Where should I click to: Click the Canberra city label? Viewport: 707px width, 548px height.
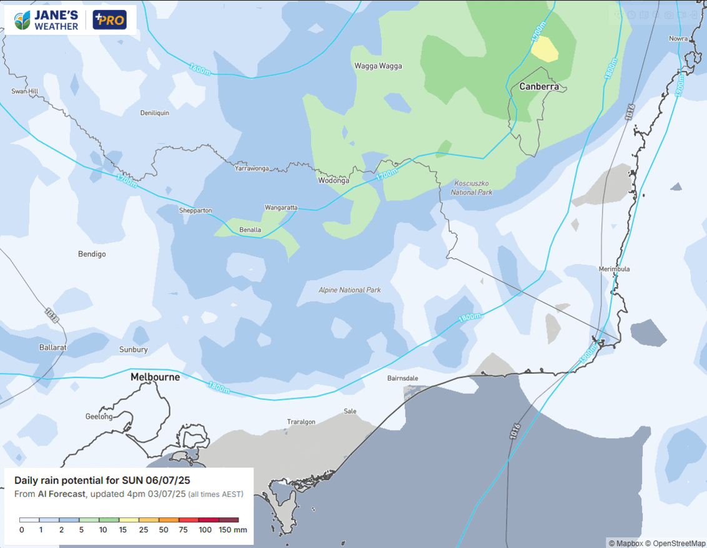coord(539,87)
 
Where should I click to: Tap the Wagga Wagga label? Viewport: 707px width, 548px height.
coord(378,66)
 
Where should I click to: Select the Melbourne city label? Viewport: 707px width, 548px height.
coord(155,377)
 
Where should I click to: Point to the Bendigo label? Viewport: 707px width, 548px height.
coord(92,254)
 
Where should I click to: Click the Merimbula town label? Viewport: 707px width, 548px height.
coord(614,269)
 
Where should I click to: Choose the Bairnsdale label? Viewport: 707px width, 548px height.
coord(402,378)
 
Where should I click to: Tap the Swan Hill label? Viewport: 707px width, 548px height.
coord(25,91)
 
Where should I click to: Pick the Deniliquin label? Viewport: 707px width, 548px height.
coord(155,113)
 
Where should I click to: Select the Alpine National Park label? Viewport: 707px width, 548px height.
coord(350,290)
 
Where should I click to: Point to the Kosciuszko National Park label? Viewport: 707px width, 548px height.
coord(472,188)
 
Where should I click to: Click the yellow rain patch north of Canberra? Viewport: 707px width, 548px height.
coord(544,49)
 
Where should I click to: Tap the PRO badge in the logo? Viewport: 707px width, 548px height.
coord(110,20)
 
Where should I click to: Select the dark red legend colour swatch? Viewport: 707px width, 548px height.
coord(229,519)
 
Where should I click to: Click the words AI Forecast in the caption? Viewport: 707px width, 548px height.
coord(61,494)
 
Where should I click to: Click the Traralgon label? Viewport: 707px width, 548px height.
coord(301,422)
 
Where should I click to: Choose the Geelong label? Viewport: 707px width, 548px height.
coord(99,416)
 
